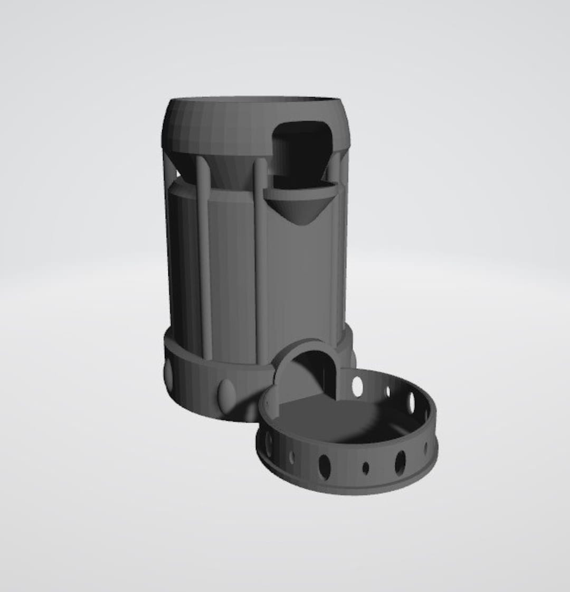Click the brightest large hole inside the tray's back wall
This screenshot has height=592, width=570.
click(x=358, y=387)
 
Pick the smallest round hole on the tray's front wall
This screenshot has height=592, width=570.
click(x=365, y=467)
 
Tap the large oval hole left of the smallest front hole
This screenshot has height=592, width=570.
click(x=325, y=467)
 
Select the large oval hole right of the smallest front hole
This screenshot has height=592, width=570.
click(x=401, y=462)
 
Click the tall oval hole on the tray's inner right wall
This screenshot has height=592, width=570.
click(x=412, y=402)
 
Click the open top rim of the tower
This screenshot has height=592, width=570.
click(x=253, y=100)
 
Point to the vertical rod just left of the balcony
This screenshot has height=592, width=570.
click(x=260, y=259)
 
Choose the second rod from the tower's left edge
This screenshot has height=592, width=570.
click(x=204, y=253)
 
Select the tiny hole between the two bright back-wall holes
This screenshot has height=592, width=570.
click(x=388, y=392)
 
